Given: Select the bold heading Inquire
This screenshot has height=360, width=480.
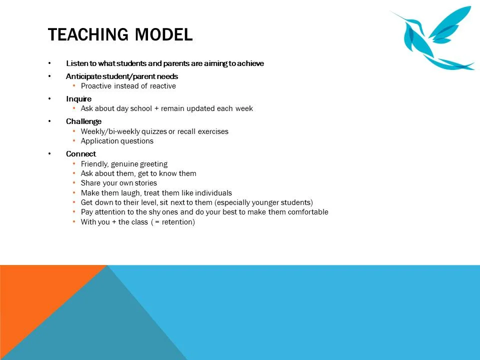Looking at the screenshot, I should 78,99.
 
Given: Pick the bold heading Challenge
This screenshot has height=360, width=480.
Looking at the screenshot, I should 83,121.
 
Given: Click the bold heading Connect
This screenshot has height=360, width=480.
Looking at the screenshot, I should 80,154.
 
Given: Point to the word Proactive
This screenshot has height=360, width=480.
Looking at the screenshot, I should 96,86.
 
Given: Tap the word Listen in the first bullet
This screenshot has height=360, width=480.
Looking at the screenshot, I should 75,63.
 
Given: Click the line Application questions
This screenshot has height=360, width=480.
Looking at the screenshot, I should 117,141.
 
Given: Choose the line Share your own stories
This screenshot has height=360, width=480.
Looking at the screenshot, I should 118,183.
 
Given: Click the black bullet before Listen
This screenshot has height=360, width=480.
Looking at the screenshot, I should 49,63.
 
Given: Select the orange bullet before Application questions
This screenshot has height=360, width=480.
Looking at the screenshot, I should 74,141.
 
